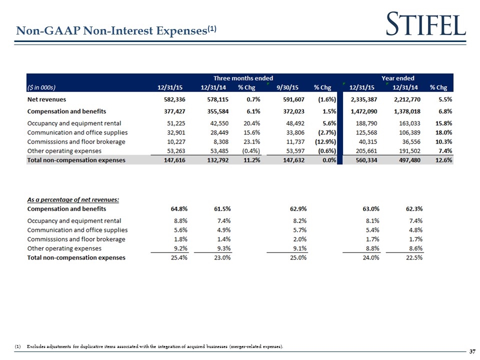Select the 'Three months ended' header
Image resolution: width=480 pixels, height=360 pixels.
pos(243,78)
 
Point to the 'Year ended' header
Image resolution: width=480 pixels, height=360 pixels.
pos(397,78)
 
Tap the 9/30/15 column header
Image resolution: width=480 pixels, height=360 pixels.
pos(294,87)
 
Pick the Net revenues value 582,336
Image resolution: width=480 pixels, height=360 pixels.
pos(171,99)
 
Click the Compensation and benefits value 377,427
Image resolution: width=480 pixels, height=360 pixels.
pos(171,111)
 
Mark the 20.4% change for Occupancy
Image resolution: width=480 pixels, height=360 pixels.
pos(246,123)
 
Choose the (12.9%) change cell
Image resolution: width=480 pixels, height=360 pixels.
pos(325,141)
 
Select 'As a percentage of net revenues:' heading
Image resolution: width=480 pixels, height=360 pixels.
pos(73,199)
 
